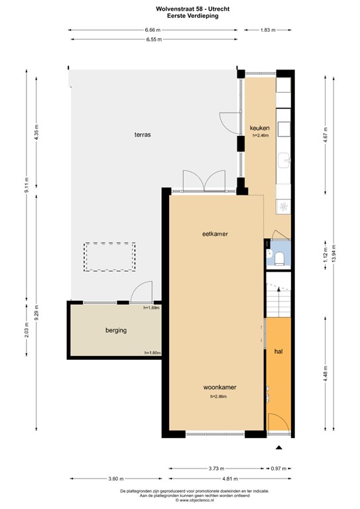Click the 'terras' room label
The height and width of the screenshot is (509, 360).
[141, 135]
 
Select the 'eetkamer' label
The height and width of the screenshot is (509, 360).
[215, 233]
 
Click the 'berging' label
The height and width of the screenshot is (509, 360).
[116, 330]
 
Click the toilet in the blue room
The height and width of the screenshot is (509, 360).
[280, 258]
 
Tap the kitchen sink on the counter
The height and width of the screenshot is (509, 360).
[284, 159]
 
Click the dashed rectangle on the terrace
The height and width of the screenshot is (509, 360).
[109, 256]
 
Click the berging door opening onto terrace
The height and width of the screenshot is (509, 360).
[141, 294]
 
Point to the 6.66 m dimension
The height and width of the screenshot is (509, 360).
[154, 30]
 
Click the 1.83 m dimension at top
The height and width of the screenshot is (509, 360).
[267, 30]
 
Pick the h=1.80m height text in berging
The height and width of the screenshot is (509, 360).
[152, 353]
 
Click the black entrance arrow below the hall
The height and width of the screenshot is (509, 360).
[278, 449]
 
